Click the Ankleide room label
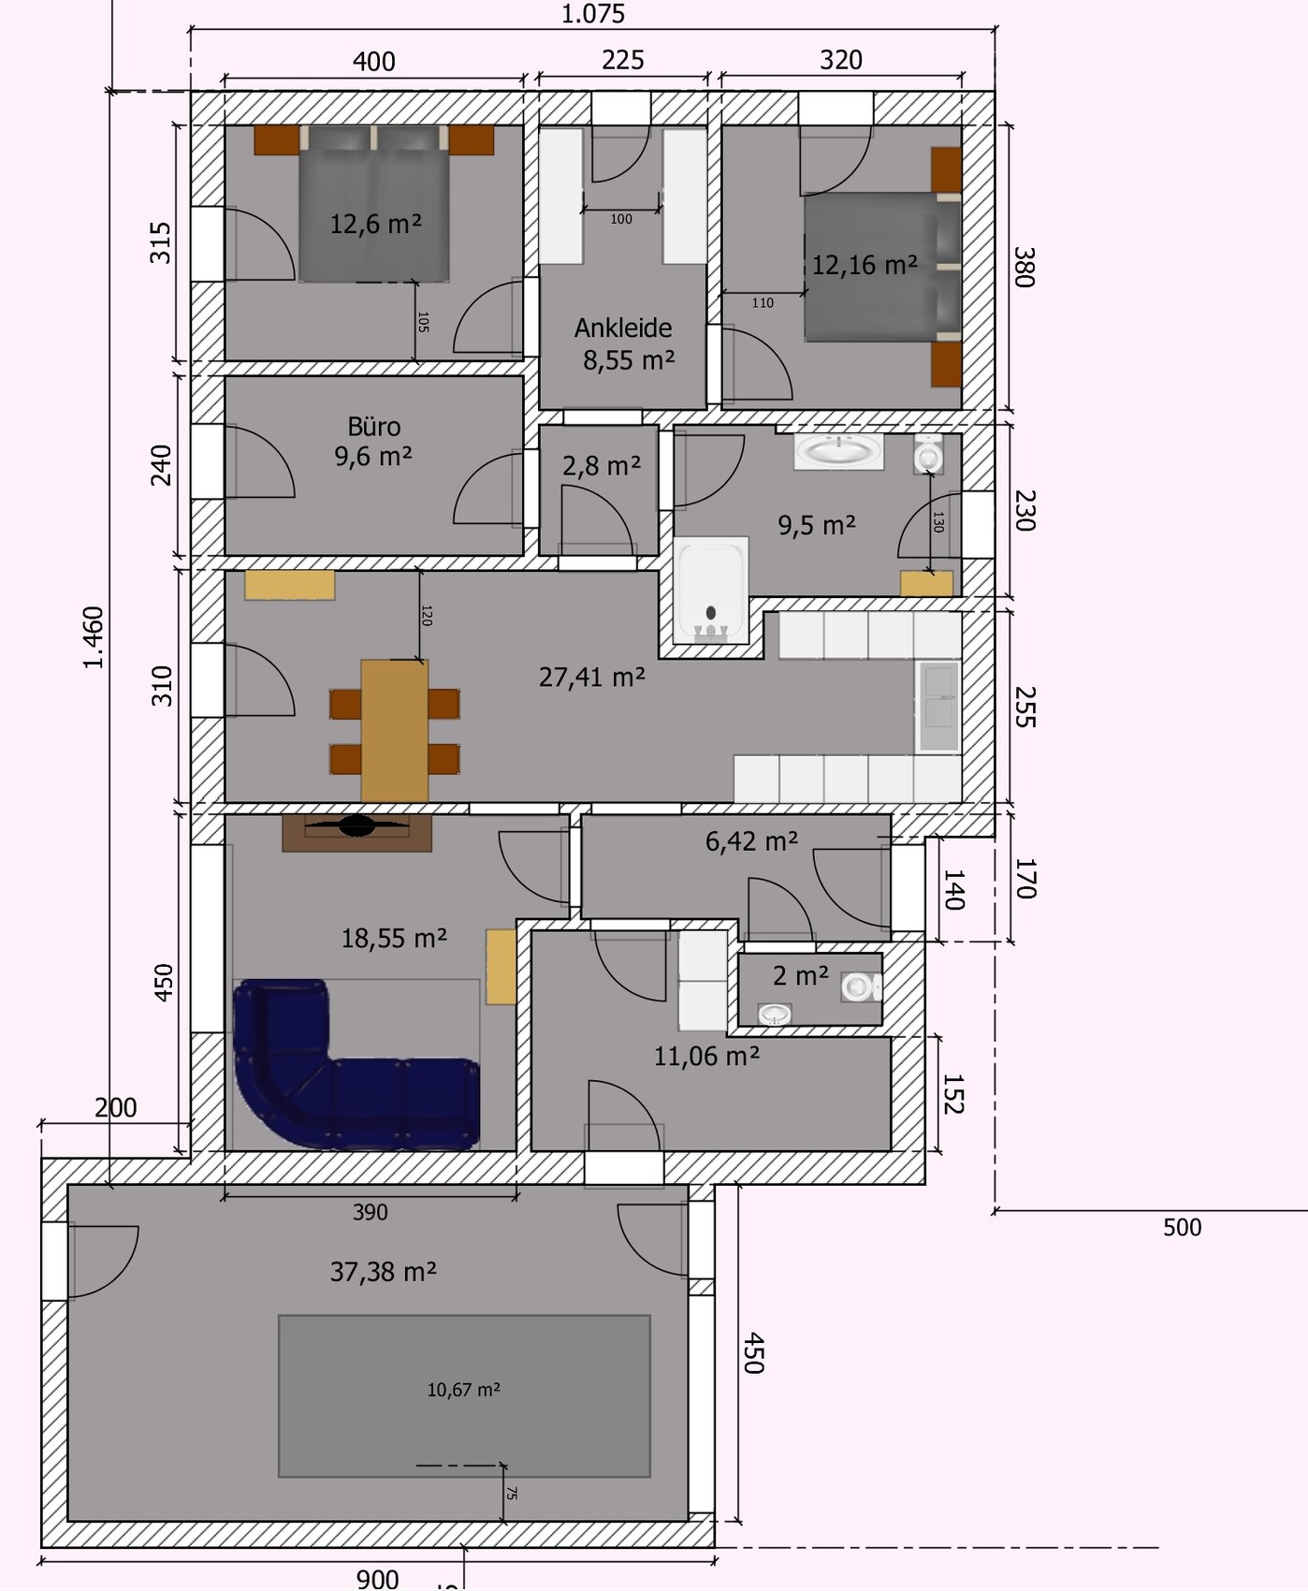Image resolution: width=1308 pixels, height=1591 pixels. click(623, 328)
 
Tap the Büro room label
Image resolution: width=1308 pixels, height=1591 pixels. click(374, 427)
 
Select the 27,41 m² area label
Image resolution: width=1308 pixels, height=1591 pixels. click(592, 677)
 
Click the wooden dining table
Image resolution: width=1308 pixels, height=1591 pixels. click(395, 730)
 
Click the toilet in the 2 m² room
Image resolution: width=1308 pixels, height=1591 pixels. click(861, 987)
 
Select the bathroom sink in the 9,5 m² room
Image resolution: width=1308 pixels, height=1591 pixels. click(838, 451)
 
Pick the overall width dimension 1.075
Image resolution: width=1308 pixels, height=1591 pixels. click(592, 14)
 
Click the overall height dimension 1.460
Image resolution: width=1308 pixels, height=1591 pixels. click(94, 637)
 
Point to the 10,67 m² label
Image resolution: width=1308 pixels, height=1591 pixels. click(464, 1390)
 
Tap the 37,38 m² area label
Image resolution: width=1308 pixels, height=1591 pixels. click(384, 1272)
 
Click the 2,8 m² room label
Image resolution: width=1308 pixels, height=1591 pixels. click(602, 465)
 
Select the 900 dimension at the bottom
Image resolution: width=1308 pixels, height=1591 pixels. click(378, 1579)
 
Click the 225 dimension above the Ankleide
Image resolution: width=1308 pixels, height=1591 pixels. click(623, 60)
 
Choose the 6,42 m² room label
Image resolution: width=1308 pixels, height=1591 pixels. click(752, 841)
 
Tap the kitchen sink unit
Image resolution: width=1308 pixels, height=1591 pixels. click(938, 707)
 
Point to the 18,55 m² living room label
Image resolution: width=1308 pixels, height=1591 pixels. click(394, 938)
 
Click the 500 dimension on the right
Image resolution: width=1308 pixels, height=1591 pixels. click(1182, 1228)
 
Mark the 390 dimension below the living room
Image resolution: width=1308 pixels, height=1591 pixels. click(371, 1212)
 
